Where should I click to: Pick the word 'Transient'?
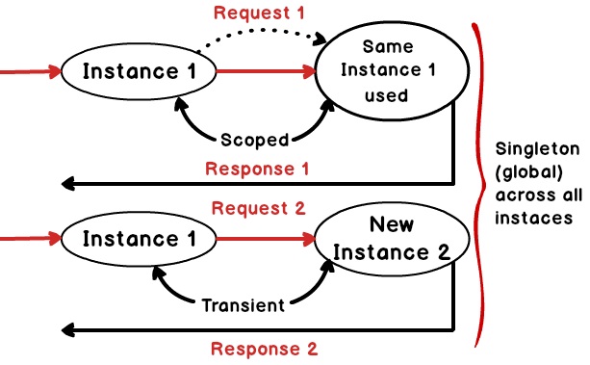point(244,306)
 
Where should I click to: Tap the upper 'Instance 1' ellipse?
point(138,71)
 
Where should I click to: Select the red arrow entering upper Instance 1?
point(29,71)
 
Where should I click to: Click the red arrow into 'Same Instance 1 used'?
point(265,71)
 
